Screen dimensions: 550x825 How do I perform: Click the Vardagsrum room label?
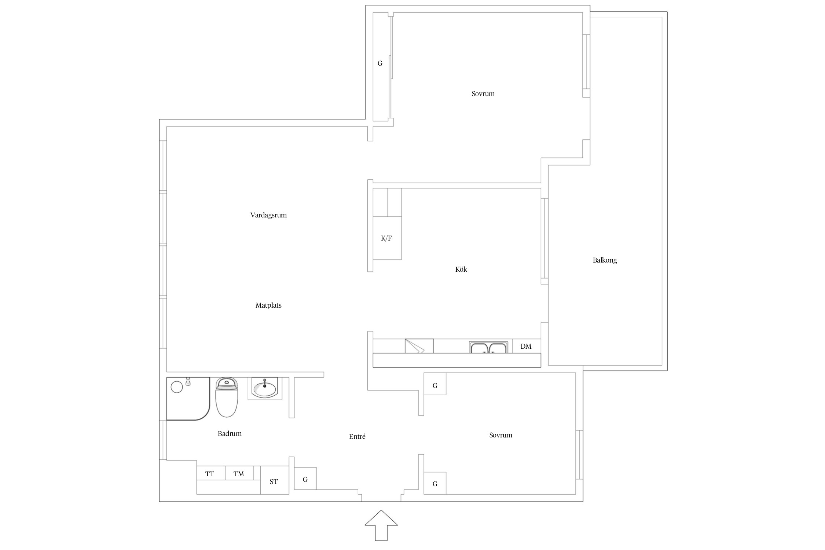[268, 215]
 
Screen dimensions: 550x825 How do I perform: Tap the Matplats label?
[268, 305]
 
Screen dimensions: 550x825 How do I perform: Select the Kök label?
[461, 269]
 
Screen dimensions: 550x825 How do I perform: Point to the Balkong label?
[605, 260]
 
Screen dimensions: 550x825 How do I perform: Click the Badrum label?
[230, 434]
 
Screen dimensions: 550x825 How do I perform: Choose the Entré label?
[357, 437]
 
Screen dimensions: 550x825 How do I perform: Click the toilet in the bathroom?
[227, 398]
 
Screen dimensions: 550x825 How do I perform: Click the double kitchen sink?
[488, 347]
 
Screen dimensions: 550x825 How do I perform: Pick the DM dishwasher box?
[526, 346]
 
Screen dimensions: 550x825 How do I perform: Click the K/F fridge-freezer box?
[387, 238]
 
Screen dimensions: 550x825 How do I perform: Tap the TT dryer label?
[210, 474]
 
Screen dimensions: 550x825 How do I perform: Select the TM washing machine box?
[239, 473]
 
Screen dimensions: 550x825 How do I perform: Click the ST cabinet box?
[274, 482]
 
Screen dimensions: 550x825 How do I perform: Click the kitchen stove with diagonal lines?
[419, 346]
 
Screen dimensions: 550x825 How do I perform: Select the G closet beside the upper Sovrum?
[380, 64]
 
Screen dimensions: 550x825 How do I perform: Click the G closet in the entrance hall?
[305, 479]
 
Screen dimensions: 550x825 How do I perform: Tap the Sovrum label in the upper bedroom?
[483, 94]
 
